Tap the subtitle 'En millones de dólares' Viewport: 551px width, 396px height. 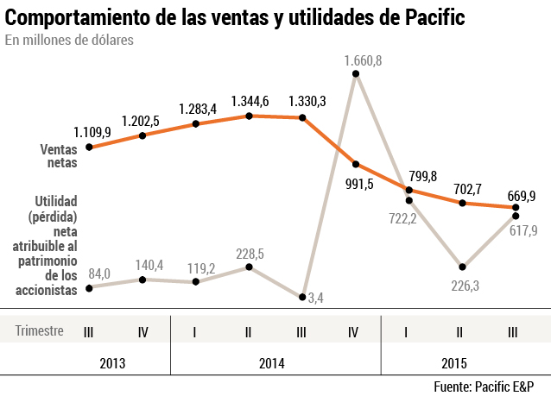pyautogui.click(x=69, y=41)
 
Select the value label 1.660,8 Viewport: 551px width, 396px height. pyautogui.click(x=363, y=60)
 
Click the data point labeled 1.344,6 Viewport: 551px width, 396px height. pyautogui.click(x=250, y=116)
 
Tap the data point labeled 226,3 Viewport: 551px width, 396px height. pyautogui.click(x=463, y=267)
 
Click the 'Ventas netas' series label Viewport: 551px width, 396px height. pyautogui.click(x=59, y=154)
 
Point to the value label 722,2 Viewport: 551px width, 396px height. pyautogui.click(x=401, y=218)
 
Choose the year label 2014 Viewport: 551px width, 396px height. pyautogui.click(x=275, y=363)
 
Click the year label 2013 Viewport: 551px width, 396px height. pyautogui.click(x=112, y=363)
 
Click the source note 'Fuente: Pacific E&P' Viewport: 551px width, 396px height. pyautogui.click(x=490, y=386)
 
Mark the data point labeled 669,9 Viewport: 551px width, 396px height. pyautogui.click(x=516, y=207)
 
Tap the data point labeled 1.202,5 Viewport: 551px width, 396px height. pyautogui.click(x=142, y=135)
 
